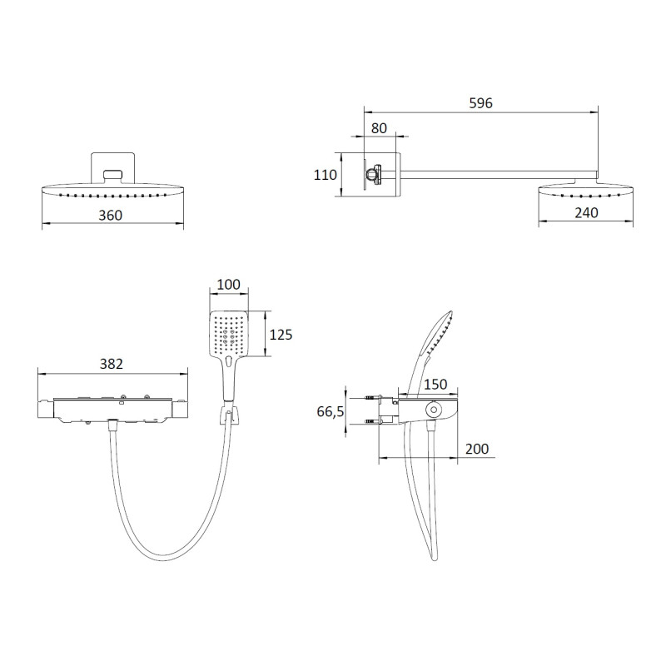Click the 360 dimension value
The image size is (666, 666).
pyautogui.click(x=111, y=216)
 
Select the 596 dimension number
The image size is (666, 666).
pyautogui.click(x=481, y=103)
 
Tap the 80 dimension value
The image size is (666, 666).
pyautogui.click(x=379, y=128)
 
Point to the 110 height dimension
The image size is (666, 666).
pyautogui.click(x=325, y=175)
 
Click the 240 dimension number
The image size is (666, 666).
pyautogui.click(x=586, y=212)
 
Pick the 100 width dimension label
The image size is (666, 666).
pyautogui.click(x=228, y=284)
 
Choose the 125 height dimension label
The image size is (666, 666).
pyautogui.click(x=281, y=335)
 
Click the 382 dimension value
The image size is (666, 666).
pyautogui.click(x=112, y=364)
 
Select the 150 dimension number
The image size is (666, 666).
pyautogui.click(x=435, y=385)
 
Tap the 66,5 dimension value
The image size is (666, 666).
pyautogui.click(x=330, y=411)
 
